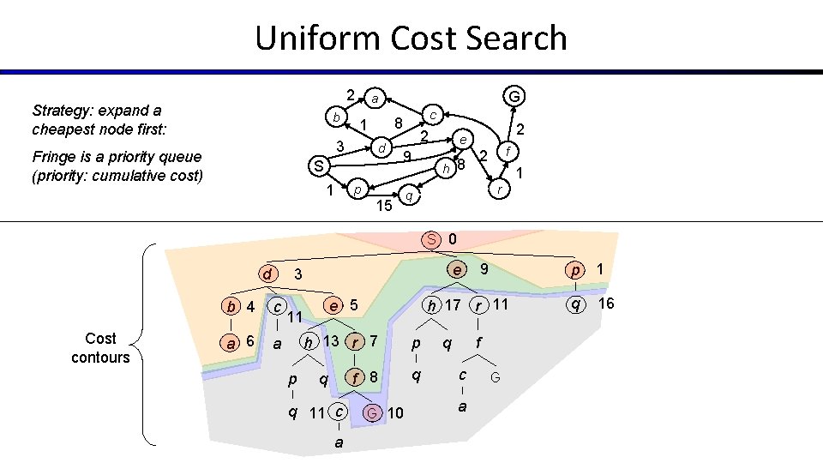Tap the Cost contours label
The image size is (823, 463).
[100, 347]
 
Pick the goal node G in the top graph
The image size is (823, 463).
[514, 96]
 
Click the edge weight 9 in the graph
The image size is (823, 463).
[407, 156]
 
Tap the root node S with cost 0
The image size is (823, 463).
[433, 239]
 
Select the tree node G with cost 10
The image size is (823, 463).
[371, 413]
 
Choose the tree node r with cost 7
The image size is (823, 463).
[355, 341]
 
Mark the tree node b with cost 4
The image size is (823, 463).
[231, 306]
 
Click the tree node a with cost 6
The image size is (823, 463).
[229, 341]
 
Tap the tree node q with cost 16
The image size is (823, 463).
[576, 304]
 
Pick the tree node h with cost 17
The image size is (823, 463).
[434, 305]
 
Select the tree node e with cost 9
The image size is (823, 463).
[460, 270]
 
